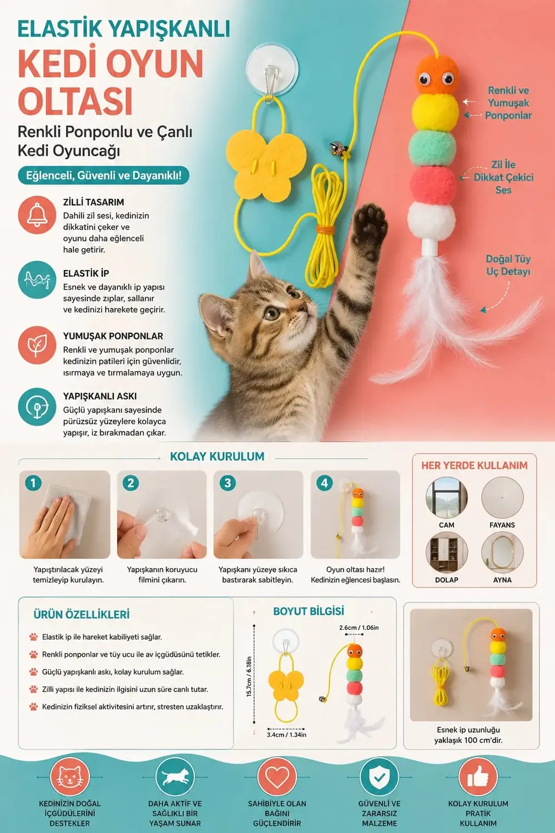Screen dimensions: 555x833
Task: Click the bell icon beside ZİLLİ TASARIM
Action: click(x=37, y=215)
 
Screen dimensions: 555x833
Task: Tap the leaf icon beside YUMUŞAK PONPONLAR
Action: click(x=37, y=345)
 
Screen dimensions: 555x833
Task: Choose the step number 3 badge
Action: click(x=228, y=483)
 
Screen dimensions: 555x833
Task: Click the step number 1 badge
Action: click(x=33, y=483)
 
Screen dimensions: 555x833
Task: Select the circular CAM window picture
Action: click(x=446, y=498)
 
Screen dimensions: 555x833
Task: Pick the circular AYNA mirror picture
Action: click(x=502, y=553)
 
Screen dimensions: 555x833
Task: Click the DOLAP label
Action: click(x=446, y=580)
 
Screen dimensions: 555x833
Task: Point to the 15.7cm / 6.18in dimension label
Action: click(x=249, y=676)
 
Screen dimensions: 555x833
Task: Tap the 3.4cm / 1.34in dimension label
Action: click(x=286, y=735)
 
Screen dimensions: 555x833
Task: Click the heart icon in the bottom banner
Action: click(x=277, y=777)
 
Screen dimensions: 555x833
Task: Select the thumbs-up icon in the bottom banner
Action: click(x=478, y=777)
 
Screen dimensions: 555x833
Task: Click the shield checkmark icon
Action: click(x=379, y=777)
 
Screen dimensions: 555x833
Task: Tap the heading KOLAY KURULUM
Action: click(x=217, y=456)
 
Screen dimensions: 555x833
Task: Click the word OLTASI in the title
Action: click(x=75, y=101)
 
